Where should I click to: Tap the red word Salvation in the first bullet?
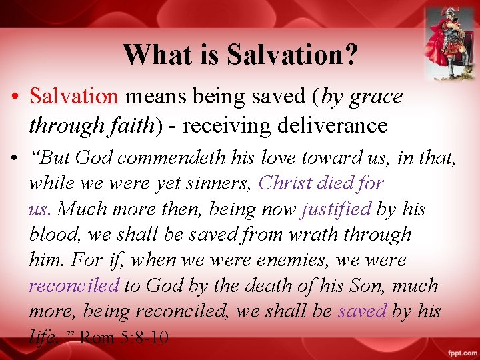[x=73, y=97]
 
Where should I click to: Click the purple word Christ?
[x=285, y=183]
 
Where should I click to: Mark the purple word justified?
[x=336, y=209]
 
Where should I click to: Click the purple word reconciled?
[x=73, y=286]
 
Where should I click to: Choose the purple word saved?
[x=362, y=311]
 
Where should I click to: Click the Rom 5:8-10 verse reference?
[x=123, y=337]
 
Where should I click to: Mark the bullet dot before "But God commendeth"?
[x=14, y=159]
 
